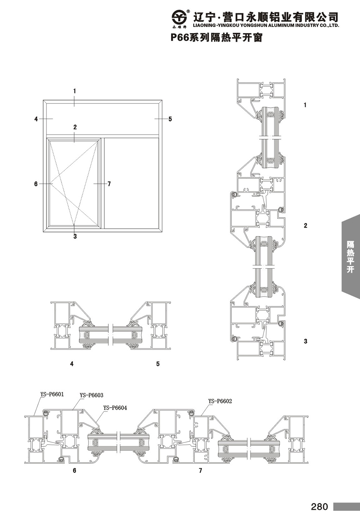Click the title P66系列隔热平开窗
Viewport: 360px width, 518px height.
tap(217, 38)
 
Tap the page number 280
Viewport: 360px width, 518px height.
tap(320, 506)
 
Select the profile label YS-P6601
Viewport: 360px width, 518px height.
tap(52, 394)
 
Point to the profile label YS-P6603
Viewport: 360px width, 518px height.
tap(91, 395)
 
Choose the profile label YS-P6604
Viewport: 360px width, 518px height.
tap(115, 408)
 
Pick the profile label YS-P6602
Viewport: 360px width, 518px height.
tap(220, 401)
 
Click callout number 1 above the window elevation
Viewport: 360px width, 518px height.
tap(75, 91)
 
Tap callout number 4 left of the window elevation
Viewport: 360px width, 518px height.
tap(36, 119)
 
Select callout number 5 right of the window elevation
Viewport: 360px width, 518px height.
tap(170, 119)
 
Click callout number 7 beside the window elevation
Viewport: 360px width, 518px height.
tap(109, 184)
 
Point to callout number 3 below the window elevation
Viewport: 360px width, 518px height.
tap(75, 237)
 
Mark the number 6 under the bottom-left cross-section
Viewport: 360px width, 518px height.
tap(75, 471)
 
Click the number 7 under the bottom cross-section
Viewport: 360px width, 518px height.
tap(201, 471)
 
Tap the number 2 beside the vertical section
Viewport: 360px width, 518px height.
tap(305, 226)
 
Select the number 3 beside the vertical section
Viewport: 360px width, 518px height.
tap(305, 341)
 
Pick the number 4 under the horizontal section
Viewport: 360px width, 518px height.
tap(72, 364)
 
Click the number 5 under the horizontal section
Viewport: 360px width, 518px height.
tap(158, 364)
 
